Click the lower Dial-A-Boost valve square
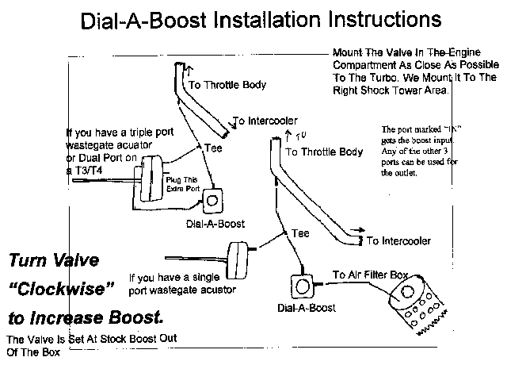coord(302,286)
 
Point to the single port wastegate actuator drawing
coord(237,255)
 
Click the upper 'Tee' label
coord(212,148)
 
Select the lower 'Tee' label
coord(300,233)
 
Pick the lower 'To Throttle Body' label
coord(325,151)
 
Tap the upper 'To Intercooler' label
coord(265,121)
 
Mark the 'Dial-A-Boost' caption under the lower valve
coord(306,306)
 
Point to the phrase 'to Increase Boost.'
coord(87,317)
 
